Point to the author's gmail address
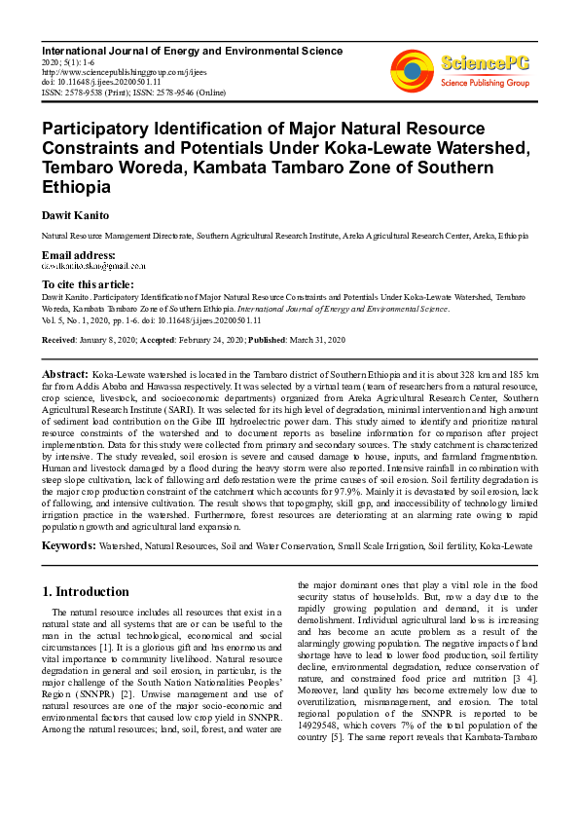click(x=93, y=265)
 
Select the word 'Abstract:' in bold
click(x=64, y=374)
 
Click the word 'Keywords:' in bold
click(x=68, y=546)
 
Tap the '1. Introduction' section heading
click(x=87, y=591)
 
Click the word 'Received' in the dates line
click(x=60, y=340)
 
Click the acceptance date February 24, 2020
click(x=198, y=340)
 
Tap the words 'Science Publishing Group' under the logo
click(x=485, y=83)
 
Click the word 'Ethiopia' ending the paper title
click(x=77, y=187)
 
